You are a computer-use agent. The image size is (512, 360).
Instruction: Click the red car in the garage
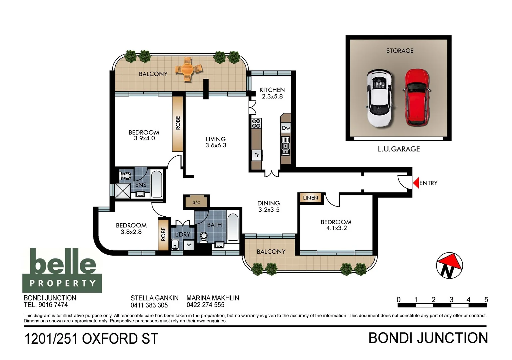point(417,98)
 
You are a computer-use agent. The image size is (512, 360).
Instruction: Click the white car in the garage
point(379,98)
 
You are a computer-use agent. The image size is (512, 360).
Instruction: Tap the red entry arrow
point(416,183)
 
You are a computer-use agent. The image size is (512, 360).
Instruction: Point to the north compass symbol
point(449,266)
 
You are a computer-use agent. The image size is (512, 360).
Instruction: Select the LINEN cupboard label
point(310,198)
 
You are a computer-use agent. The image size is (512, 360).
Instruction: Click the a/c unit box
point(196,202)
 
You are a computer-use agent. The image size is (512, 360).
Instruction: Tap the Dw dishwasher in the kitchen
point(286,128)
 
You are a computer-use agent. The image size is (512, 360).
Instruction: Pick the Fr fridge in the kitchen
point(257,155)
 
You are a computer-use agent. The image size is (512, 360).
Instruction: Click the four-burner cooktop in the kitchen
point(256,124)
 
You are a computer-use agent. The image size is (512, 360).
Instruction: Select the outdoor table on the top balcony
point(189,70)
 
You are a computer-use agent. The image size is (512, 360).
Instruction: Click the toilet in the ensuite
point(125,176)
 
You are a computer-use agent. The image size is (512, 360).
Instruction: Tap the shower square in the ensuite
point(123,191)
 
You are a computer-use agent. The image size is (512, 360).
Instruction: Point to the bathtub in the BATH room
point(233,227)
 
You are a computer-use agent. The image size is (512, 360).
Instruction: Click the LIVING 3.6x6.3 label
point(216,142)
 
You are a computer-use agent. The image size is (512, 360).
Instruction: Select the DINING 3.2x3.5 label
point(269,206)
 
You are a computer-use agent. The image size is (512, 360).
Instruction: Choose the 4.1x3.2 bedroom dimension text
point(336,228)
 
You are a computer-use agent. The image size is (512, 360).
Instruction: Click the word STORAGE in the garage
point(400,51)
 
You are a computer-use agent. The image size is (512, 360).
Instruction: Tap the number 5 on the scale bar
point(486,299)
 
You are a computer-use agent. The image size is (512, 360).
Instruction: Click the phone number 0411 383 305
point(149,305)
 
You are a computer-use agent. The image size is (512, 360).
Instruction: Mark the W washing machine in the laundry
point(189,245)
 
